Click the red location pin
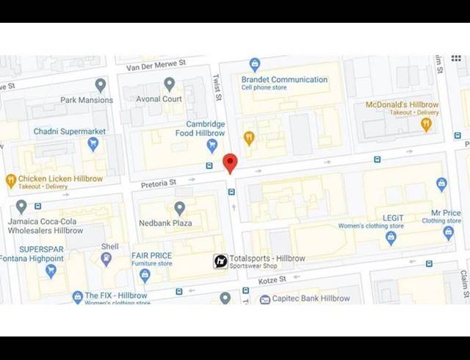coord(230,162)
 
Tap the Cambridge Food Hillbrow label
coord(200,129)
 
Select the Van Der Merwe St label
coord(156,66)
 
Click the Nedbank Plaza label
coord(165,223)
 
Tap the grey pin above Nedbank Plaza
coord(179,209)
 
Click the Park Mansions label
coord(87,100)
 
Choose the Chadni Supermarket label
coord(69,132)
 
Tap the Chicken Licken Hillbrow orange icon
coord(10,180)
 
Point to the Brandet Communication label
coord(284,79)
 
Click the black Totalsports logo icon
coord(220,261)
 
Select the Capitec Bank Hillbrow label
coord(311,298)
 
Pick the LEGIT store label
coord(393,218)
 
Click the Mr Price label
coord(446,213)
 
